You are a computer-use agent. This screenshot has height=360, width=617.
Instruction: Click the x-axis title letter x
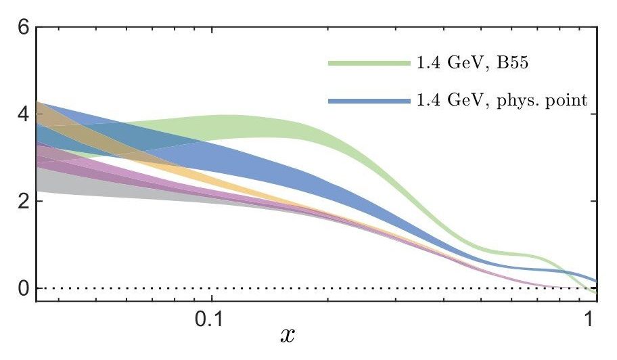click(287, 334)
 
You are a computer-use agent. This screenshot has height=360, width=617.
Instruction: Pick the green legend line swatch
click(369, 63)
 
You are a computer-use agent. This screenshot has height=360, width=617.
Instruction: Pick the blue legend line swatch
click(369, 101)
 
